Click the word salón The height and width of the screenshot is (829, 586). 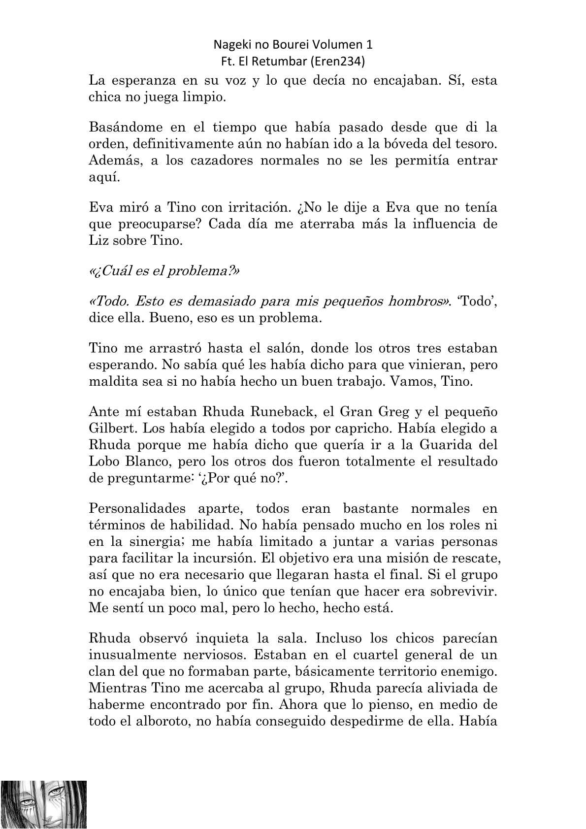click(267, 349)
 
